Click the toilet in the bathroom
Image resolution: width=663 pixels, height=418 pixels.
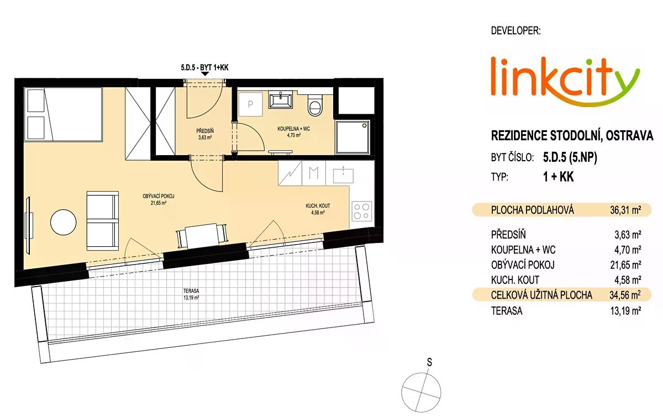[314, 105]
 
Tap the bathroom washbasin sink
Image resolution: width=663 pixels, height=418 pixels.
[280, 100]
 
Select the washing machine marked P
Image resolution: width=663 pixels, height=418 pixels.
[251, 104]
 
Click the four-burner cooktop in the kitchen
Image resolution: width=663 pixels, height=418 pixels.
[362, 211]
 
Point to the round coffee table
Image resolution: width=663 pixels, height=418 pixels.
[64, 222]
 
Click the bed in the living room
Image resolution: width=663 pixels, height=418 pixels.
[65, 114]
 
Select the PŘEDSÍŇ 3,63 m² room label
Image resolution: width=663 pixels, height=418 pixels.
[205, 134]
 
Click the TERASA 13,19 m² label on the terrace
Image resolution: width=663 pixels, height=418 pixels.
[191, 294]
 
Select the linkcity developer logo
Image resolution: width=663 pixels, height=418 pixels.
[565, 82]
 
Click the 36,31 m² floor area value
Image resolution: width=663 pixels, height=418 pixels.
[625, 210]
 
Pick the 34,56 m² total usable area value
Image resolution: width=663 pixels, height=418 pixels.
[625, 295]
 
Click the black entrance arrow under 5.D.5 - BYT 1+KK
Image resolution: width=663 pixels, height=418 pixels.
[205, 74]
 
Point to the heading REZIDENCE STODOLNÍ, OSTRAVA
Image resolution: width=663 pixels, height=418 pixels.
[572, 135]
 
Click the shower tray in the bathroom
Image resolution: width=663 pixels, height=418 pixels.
[352, 137]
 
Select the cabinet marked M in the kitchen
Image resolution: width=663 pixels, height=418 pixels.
[313, 173]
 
